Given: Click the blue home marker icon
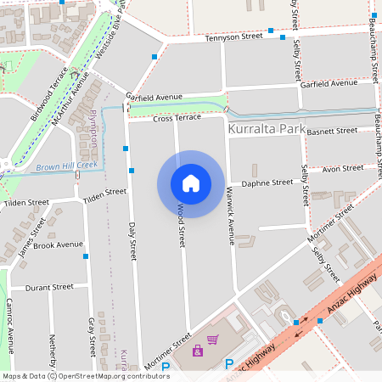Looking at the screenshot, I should (x=191, y=183).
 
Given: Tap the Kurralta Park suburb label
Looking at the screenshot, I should (x=264, y=130).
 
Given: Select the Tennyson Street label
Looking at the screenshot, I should (x=233, y=37).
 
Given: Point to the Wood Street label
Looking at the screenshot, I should (x=181, y=225).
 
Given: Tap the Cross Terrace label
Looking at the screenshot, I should (x=177, y=118).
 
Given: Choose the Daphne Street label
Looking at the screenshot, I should (x=267, y=183).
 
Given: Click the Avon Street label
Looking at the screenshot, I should (x=343, y=168).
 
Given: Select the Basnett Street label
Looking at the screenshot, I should (x=332, y=131).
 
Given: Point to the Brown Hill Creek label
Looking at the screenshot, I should (x=67, y=166).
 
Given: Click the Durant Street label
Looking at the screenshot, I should (x=49, y=287).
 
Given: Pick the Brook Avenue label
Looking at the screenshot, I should (x=58, y=245).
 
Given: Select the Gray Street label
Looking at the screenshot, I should (x=91, y=336).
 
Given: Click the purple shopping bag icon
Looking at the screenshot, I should (x=198, y=351).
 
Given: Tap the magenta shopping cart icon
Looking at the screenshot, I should (x=212, y=340).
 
